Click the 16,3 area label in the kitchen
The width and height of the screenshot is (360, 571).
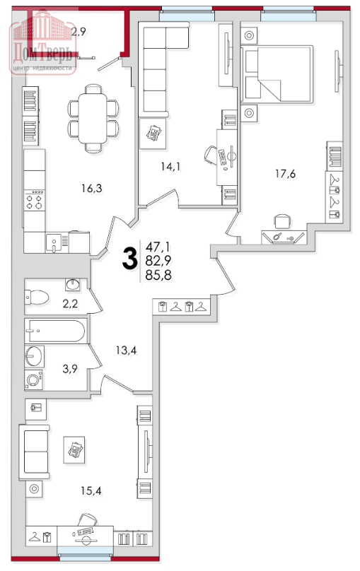coord(92,189)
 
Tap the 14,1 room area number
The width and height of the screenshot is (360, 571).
coord(171,167)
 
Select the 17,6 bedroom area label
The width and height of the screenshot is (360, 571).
coord(285,174)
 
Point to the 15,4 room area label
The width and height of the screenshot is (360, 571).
coord(91,491)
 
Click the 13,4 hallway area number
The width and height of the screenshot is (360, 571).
coord(127,351)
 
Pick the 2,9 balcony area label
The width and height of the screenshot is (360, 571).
coord(79,32)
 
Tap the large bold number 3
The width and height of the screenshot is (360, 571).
coord(129,258)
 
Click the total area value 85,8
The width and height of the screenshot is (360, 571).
coord(158,276)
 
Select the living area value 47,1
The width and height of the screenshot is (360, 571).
coord(158,247)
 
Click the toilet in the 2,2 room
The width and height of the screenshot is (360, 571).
coord(37,297)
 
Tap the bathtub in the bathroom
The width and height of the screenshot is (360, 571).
coord(56,331)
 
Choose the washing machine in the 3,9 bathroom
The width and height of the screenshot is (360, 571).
coord(34,379)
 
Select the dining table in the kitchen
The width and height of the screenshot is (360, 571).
coord(93,118)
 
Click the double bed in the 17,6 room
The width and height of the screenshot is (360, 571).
coord(277,74)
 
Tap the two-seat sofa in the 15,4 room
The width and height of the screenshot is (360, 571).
coord(34,452)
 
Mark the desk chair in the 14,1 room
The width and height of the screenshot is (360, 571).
coord(211,154)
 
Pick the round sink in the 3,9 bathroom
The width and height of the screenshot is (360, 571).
coord(34,355)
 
